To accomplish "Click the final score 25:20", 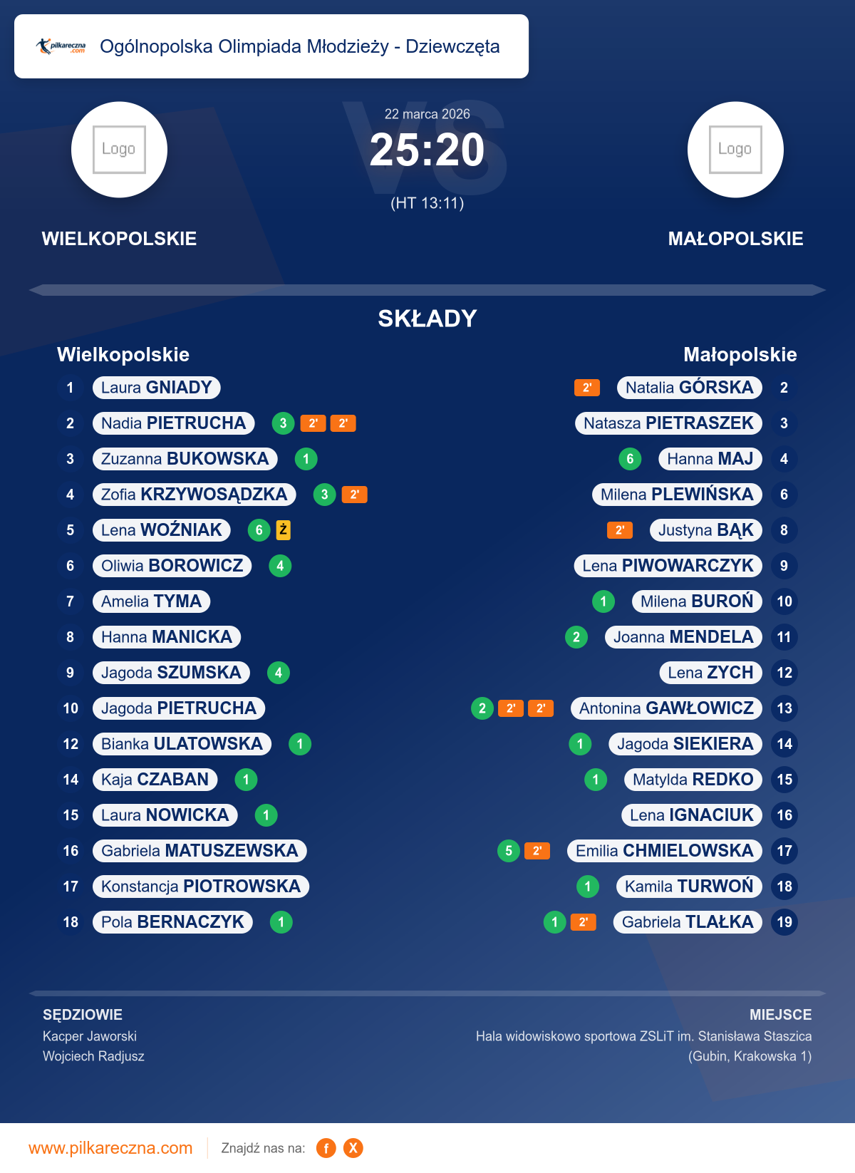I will click(x=427, y=150).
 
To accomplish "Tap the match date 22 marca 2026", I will click(x=427, y=114).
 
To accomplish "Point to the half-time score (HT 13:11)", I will click(x=427, y=203).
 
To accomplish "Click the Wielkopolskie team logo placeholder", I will click(x=119, y=150).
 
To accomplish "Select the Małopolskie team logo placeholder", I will click(x=735, y=150).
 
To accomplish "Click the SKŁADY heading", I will click(x=427, y=319).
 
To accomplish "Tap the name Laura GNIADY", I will click(x=157, y=388).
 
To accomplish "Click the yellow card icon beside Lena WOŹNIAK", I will click(x=283, y=529).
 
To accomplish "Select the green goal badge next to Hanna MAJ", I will click(x=630, y=459).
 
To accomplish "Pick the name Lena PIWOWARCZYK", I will click(x=668, y=566).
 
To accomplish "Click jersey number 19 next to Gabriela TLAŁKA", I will click(x=784, y=922).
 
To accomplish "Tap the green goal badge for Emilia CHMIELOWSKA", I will click(x=508, y=851).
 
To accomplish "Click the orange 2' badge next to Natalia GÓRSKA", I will click(x=586, y=388).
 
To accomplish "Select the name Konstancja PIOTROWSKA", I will click(x=201, y=887).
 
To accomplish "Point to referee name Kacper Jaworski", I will click(x=90, y=1036).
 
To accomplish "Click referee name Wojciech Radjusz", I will click(x=93, y=1056).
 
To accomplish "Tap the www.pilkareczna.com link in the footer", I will click(x=110, y=1148).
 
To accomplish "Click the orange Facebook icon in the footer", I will click(x=326, y=1148).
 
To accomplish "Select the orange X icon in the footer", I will click(x=353, y=1148).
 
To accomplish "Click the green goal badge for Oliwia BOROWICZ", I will click(x=280, y=566).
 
